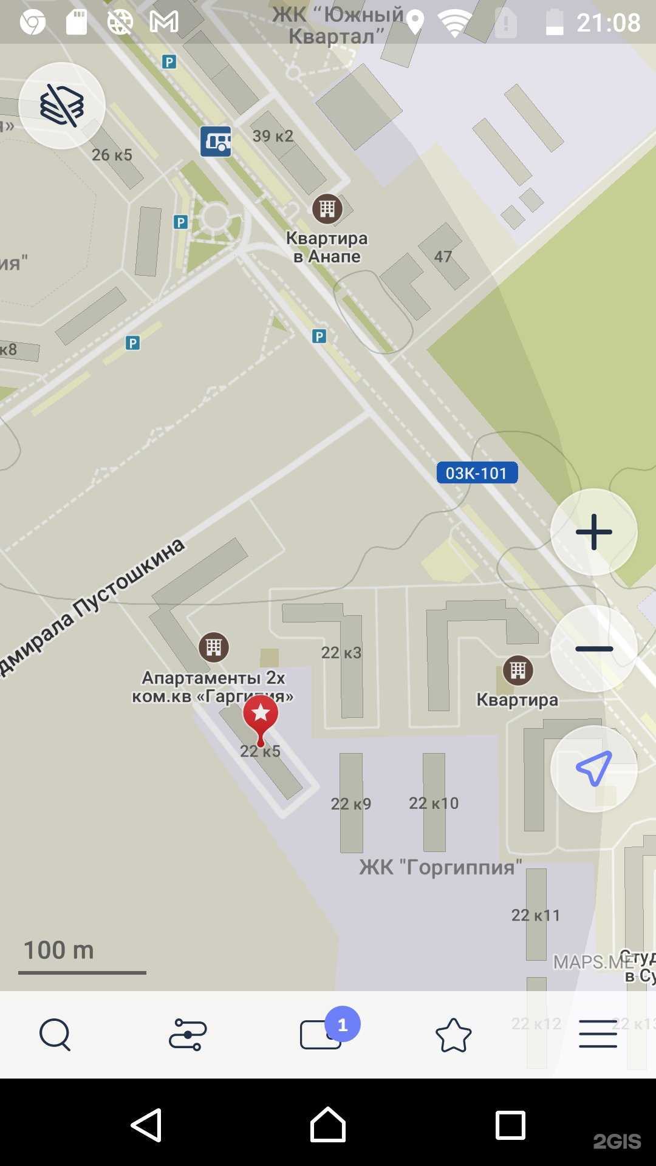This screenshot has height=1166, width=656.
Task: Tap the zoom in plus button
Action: [593, 532]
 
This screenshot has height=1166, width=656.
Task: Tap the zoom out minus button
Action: [593, 649]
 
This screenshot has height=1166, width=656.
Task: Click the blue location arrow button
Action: [593, 769]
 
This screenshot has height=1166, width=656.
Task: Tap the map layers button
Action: [62, 106]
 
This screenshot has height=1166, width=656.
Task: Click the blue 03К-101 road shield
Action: [477, 473]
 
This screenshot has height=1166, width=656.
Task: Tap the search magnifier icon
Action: [55, 1034]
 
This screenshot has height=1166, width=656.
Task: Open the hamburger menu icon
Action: [598, 1034]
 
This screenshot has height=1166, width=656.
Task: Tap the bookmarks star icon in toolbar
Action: [453, 1035]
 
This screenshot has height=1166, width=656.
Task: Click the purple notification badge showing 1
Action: [343, 1025]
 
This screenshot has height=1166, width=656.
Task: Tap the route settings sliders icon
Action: [188, 1034]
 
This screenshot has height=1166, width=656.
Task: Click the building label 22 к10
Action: [434, 803]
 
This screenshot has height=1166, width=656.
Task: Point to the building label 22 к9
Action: [350, 803]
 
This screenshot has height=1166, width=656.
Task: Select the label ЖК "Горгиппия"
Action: [440, 867]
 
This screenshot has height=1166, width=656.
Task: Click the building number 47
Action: [443, 256]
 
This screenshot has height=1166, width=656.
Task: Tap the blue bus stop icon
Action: [216, 141]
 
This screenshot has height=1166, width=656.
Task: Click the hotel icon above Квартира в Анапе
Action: [327, 209]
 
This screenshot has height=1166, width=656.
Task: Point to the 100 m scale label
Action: [58, 950]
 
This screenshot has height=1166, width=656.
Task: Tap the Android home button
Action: [328, 1125]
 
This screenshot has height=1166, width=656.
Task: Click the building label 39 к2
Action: [273, 136]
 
